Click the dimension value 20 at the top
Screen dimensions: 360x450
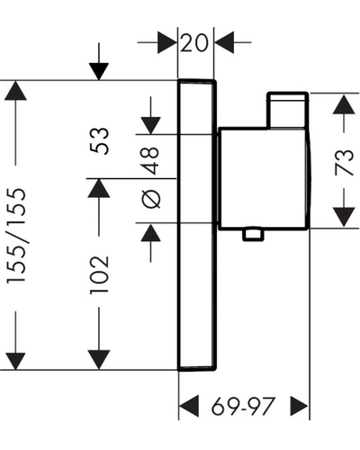(x=194, y=42)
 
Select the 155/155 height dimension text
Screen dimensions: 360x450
(x=16, y=236)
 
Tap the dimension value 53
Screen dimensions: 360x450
(x=99, y=141)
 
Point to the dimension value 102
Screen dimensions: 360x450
(x=99, y=275)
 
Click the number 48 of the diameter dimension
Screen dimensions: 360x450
(x=151, y=161)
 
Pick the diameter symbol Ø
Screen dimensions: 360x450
(x=151, y=199)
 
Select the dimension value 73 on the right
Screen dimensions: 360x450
(x=344, y=162)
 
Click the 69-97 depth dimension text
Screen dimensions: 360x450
(x=243, y=407)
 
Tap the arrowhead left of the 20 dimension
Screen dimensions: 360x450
(x=167, y=42)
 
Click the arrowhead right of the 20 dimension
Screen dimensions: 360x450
(x=224, y=42)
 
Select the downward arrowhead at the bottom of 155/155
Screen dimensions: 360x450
(x=15, y=360)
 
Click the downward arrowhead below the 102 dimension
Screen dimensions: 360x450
(x=99, y=360)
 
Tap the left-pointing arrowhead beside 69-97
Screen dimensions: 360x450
(x=189, y=407)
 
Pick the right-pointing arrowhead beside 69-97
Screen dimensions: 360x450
(x=300, y=407)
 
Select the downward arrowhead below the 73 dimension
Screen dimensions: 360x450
(x=344, y=217)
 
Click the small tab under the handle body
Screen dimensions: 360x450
(x=254, y=235)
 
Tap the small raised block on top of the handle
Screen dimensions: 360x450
(x=288, y=110)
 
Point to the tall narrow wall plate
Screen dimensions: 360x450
(x=197, y=225)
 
